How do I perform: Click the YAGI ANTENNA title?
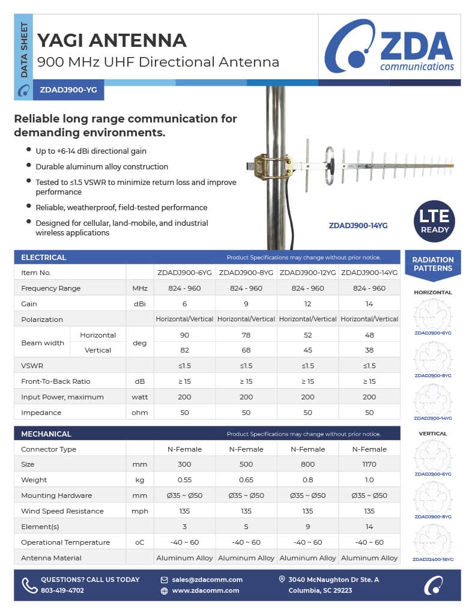[x=112, y=40]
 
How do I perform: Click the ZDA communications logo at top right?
[x=389, y=46]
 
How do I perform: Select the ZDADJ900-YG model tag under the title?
[x=68, y=91]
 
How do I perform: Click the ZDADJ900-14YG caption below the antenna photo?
[x=358, y=226]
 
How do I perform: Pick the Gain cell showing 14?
[x=369, y=304]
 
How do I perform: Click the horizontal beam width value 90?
[x=184, y=335]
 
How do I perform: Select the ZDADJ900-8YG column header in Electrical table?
[x=246, y=273]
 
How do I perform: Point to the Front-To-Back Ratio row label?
[x=55, y=381]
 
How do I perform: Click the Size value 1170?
[x=369, y=464]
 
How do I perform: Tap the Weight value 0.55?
[x=184, y=480]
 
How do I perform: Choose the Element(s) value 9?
[x=307, y=527]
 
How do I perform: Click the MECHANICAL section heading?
[x=46, y=434]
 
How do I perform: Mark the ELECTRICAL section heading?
[x=44, y=257]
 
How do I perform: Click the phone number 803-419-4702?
[x=62, y=590]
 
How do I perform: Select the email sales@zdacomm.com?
[x=207, y=580]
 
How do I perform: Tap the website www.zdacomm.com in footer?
[x=205, y=590]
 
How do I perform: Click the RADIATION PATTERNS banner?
[x=433, y=264]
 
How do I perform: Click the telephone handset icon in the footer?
[x=29, y=585]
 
